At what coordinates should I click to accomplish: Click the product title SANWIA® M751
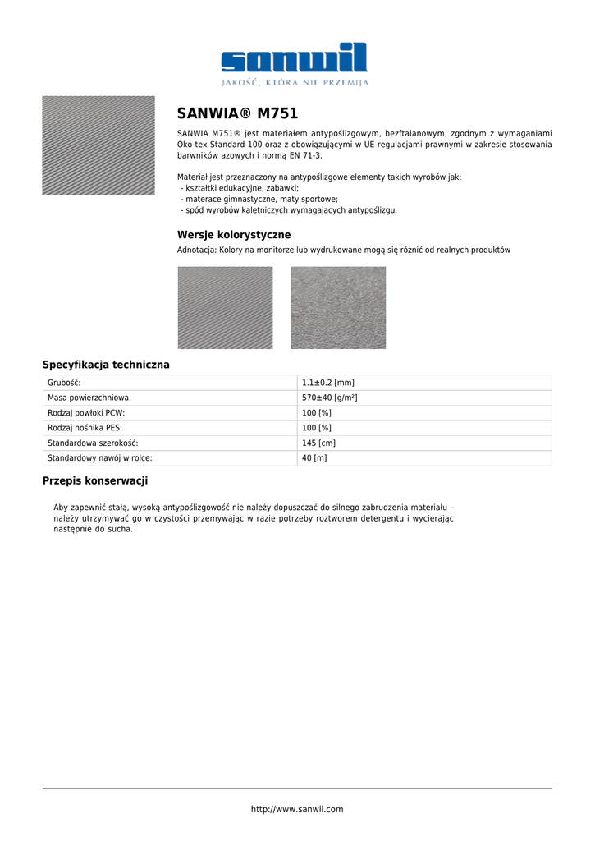[x=237, y=113]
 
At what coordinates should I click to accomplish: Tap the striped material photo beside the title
[x=98, y=145]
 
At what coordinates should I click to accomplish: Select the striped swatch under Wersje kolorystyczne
[x=225, y=307]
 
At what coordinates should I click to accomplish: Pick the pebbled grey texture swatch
[x=338, y=307]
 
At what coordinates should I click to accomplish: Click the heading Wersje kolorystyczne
[x=234, y=235]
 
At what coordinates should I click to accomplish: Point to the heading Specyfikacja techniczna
[x=106, y=365]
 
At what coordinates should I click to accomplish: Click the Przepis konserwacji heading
[x=95, y=480]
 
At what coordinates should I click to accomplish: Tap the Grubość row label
[x=65, y=383]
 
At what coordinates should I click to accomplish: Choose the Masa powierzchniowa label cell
[x=89, y=398]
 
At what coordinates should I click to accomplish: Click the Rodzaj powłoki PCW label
[x=86, y=413]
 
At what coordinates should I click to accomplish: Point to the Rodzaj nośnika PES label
[x=85, y=428]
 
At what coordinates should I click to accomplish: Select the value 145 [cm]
[x=318, y=443]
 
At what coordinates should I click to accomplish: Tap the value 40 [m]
[x=314, y=458]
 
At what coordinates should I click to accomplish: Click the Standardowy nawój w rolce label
[x=99, y=458]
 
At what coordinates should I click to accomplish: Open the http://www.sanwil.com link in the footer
[x=297, y=809]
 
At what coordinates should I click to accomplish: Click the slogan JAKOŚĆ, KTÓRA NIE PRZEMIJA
[x=295, y=83]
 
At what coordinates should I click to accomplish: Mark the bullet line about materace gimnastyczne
[x=261, y=199]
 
